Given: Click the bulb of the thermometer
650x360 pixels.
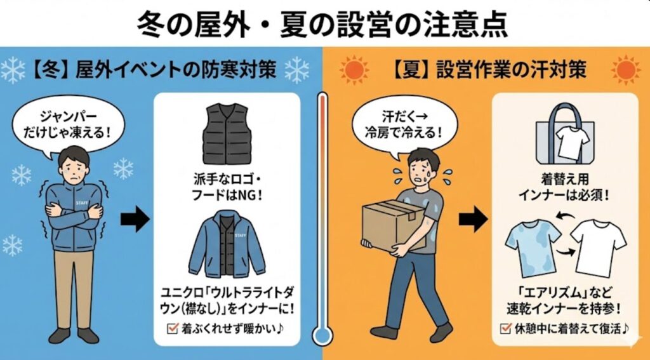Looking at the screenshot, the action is coord(322,333).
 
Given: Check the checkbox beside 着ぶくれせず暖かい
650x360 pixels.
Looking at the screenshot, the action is coord(172,329).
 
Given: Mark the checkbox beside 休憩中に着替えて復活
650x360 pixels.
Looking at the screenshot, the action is coord(505,329).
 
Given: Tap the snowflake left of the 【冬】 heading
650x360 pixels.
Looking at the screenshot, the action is coord(13,70).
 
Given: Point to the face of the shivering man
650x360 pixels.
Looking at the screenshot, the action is coord(74,167).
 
